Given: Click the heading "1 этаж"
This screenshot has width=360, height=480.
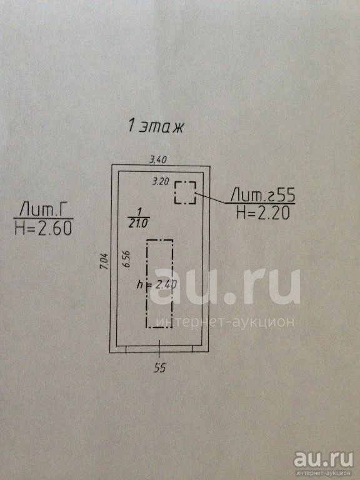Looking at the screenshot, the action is pos(156,126).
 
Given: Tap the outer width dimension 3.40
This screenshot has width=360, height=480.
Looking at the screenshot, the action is pos(157,159).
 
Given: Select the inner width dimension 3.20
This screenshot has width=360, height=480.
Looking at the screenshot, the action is pos(161,181).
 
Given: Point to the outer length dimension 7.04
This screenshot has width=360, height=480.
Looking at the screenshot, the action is pos(104,261).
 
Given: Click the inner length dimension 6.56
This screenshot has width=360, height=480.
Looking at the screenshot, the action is pos(127,259).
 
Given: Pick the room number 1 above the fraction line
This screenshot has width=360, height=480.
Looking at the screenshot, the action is pos(139,211).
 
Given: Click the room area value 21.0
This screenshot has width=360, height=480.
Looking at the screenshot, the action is pos(138,224).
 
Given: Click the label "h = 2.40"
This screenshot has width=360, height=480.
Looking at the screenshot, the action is pos(156,285).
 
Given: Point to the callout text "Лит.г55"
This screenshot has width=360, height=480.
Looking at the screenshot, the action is pos(262,194).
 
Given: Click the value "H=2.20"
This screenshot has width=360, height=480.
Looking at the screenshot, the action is pos(262,212).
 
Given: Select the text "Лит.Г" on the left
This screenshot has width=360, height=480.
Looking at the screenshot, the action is pos(43,210).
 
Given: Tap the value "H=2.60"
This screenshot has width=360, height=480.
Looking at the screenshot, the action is pos(43,228).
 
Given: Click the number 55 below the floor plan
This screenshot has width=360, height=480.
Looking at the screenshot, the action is pos(160,368).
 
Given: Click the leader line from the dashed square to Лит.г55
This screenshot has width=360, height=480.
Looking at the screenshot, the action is pos(211,197).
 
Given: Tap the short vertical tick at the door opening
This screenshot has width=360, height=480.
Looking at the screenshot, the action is pos(159,349).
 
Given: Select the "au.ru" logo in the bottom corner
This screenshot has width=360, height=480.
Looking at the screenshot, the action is pos(324,460).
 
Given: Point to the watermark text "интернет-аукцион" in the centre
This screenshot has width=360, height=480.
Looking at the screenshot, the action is pos(225,322).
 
